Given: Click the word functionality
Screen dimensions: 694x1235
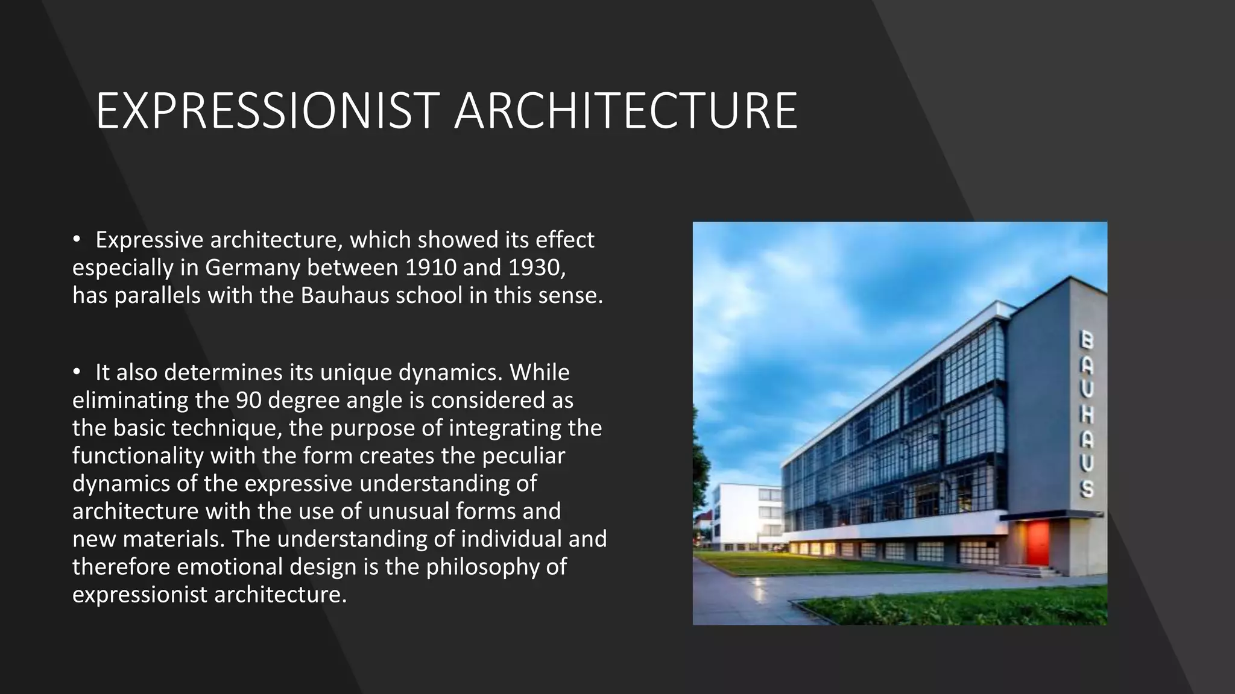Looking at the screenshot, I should coord(137,455).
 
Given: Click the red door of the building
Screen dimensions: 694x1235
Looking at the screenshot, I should coord(1038,543).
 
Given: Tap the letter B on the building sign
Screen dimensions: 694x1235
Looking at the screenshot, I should coord(1085,340).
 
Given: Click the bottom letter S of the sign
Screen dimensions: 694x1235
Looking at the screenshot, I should coord(1087,488).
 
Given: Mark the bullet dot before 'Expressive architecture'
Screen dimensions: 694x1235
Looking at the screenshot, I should coord(77,240).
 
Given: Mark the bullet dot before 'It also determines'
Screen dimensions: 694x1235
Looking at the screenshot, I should coord(77,372).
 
